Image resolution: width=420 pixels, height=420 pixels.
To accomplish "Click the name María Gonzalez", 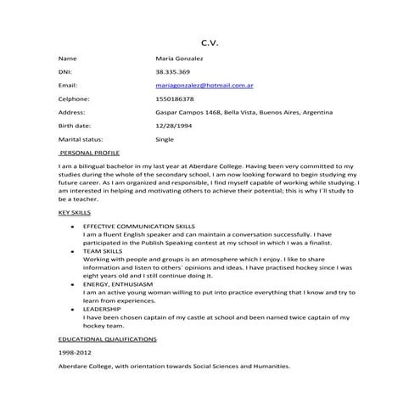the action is pos(179,59).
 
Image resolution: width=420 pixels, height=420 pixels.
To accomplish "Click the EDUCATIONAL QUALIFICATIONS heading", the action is pos(107,339).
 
